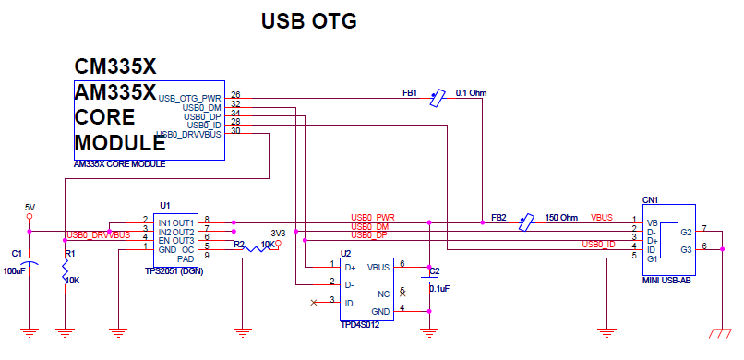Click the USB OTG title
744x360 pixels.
coord(309,20)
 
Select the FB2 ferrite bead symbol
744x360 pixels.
coord(525,222)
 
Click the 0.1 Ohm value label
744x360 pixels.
coord(471,93)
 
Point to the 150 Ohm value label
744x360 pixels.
coord(562,218)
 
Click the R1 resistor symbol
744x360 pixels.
coord(66,271)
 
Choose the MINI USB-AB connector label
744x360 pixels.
coord(666,279)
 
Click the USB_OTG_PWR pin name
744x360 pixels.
coord(189,97)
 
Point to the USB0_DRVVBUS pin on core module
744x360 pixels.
coord(188,135)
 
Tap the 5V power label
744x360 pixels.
coord(30,206)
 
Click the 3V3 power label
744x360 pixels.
coord(277,234)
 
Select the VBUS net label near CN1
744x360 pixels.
coord(602,218)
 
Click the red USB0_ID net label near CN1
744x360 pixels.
coord(598,244)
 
